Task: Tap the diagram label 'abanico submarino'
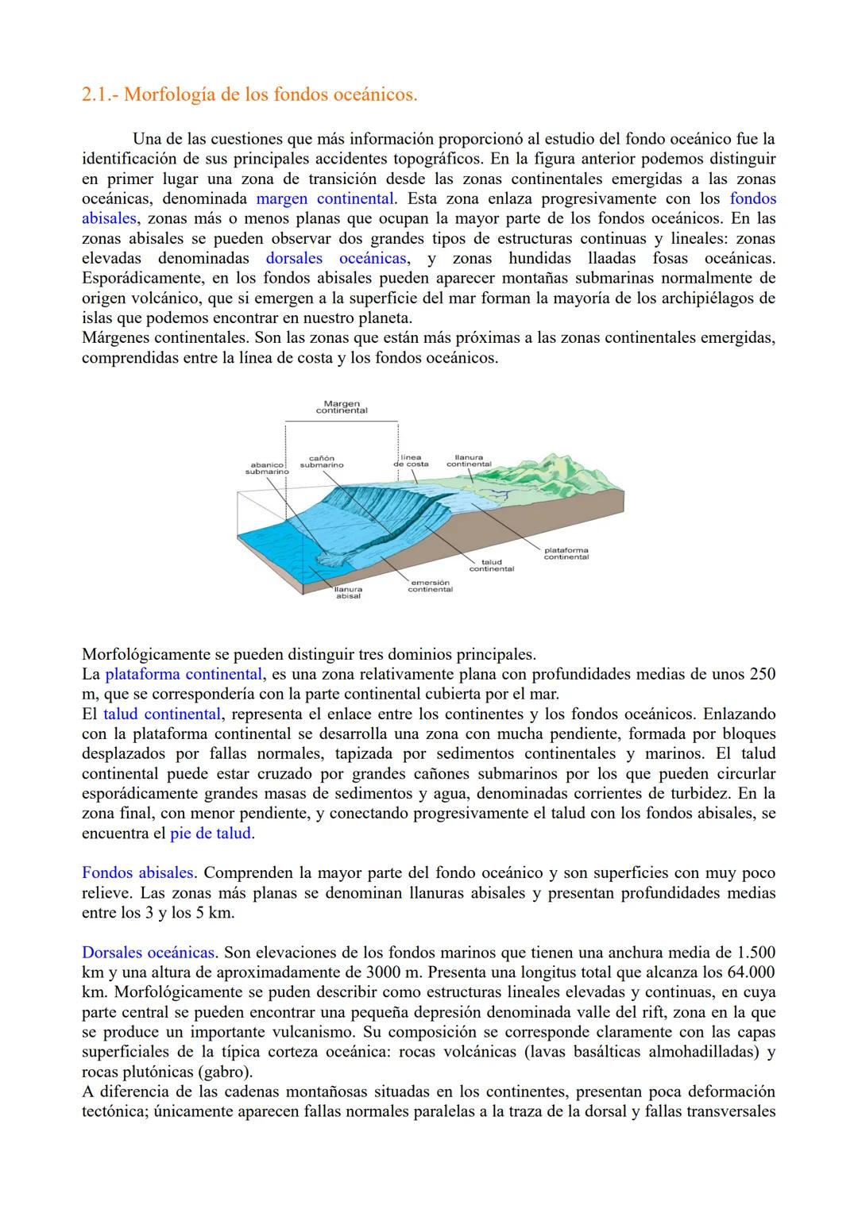coord(266,468)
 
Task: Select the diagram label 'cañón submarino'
coord(322,461)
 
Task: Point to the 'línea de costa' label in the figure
coord(411,460)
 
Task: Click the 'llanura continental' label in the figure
coord(469,460)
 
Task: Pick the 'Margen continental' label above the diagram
coord(342,407)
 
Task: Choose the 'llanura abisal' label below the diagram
coord(348,592)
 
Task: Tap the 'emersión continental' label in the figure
coord(430,586)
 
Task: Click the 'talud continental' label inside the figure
coord(491,565)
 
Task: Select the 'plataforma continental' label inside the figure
coord(566,553)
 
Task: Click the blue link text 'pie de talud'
coord(211,834)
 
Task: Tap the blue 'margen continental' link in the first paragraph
coord(325,198)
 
